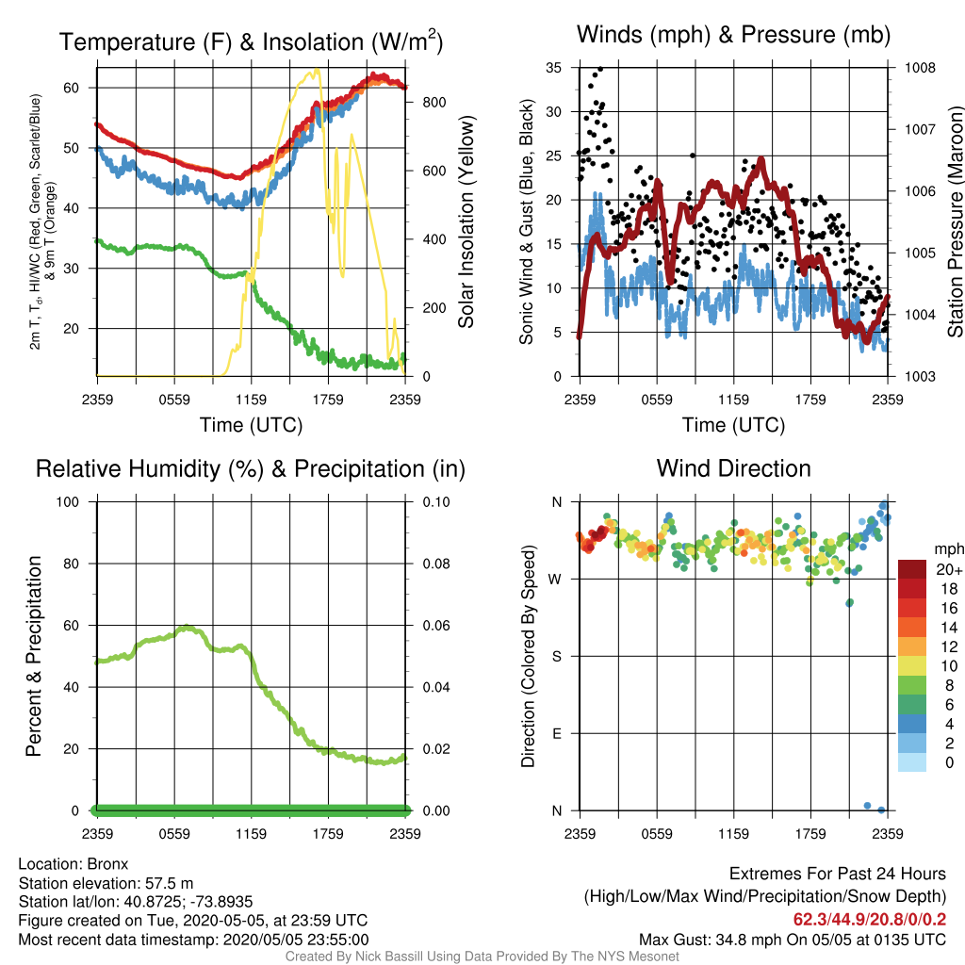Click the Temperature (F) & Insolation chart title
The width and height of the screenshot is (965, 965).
coord(251,41)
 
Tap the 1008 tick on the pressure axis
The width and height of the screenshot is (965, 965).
coord(920,68)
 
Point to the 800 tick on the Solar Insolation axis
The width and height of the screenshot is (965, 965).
coord(433,102)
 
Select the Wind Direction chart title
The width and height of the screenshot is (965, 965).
coord(733,468)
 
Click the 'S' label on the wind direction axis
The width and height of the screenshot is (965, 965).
coord(556,657)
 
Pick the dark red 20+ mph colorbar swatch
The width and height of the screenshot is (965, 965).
coord(912,569)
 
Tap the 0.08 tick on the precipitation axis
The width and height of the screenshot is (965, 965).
coord(435,564)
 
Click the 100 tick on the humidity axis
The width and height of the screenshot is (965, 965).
coord(68,502)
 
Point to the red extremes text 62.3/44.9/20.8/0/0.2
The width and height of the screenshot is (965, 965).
coord(870,920)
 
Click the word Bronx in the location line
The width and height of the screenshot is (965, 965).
coord(107,864)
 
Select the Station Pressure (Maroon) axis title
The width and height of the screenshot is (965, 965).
coord(956,221)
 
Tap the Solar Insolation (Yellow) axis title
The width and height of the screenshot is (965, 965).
coord(466,221)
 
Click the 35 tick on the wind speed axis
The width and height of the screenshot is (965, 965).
coord(554,68)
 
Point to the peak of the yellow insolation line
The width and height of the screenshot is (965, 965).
coord(317,70)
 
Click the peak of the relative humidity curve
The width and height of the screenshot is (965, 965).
coord(188,627)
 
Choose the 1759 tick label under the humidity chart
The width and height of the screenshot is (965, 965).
coord(328,834)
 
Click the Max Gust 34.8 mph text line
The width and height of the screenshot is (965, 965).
coord(792,940)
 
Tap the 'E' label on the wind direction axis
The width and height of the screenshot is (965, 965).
coord(556,733)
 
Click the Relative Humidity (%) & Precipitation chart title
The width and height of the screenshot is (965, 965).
coord(251,469)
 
